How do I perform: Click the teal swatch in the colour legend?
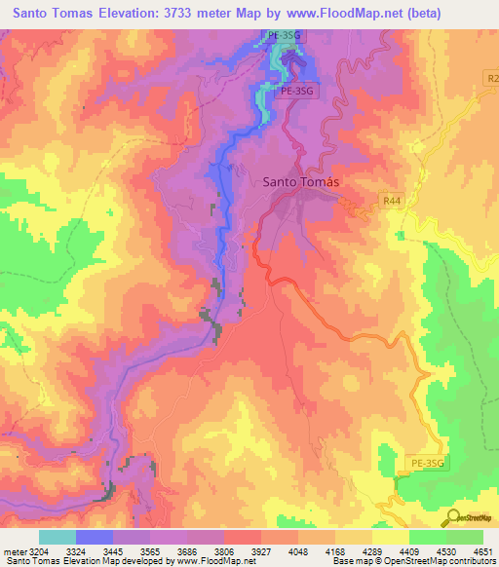pyautogui.click(x=57, y=537)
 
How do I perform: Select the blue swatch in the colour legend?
pyautogui.click(x=95, y=537)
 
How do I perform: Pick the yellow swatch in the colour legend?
pyautogui.click(x=390, y=537)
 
